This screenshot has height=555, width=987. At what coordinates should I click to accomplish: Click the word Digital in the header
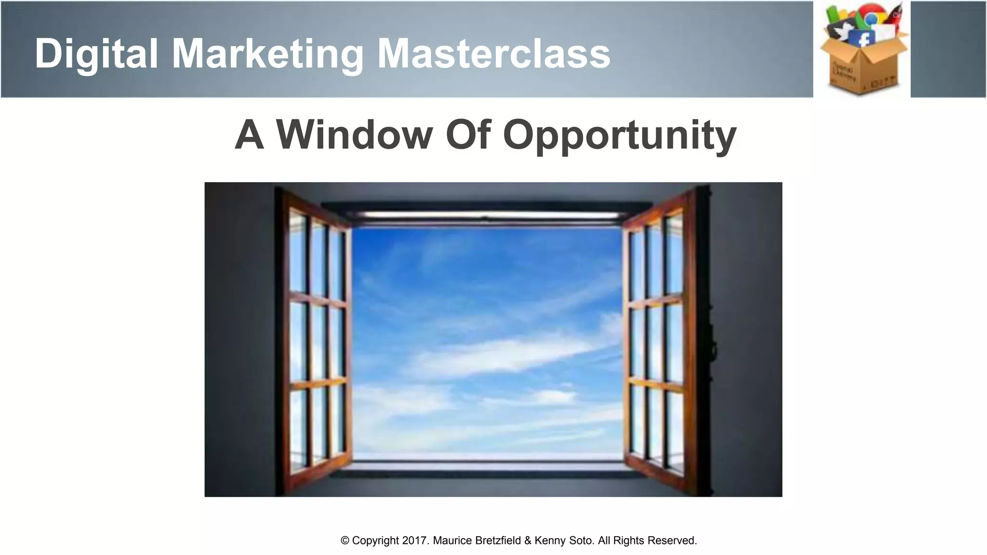pos(96,54)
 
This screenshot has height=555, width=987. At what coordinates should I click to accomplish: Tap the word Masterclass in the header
pos(493,54)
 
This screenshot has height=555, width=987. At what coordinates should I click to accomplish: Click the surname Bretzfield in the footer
pos(498,541)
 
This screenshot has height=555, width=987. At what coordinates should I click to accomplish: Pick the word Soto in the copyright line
pos(581,541)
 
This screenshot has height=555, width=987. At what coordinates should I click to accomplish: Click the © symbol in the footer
pos(345,541)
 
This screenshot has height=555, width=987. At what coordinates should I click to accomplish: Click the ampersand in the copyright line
pos(528,541)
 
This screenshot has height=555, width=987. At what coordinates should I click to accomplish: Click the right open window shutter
pos(660,337)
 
